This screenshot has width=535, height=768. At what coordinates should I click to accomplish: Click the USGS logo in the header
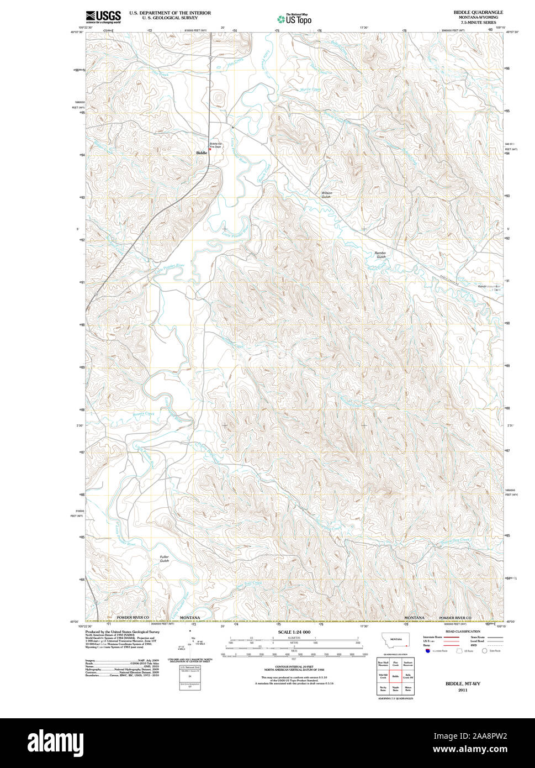click(x=103, y=17)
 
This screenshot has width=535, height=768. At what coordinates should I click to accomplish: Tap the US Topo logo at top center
click(x=294, y=19)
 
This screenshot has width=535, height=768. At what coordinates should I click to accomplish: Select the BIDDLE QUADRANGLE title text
click(x=478, y=12)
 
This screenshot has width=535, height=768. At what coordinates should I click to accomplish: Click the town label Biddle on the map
click(x=202, y=152)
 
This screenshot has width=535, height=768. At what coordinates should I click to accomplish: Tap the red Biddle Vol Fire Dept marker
click(x=210, y=149)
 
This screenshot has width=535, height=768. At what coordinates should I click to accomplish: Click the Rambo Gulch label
click(x=381, y=255)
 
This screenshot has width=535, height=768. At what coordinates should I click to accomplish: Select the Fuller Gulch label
click(x=164, y=559)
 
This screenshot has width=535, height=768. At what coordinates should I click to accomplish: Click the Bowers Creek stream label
click(x=144, y=414)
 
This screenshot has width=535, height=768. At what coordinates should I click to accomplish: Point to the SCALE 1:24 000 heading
click(x=294, y=631)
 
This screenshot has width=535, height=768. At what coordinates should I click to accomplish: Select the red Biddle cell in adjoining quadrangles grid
click(x=395, y=676)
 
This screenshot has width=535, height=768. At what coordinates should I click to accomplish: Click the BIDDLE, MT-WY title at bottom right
click(x=463, y=683)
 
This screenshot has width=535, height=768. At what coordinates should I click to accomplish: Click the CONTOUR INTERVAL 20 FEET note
click(x=294, y=667)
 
